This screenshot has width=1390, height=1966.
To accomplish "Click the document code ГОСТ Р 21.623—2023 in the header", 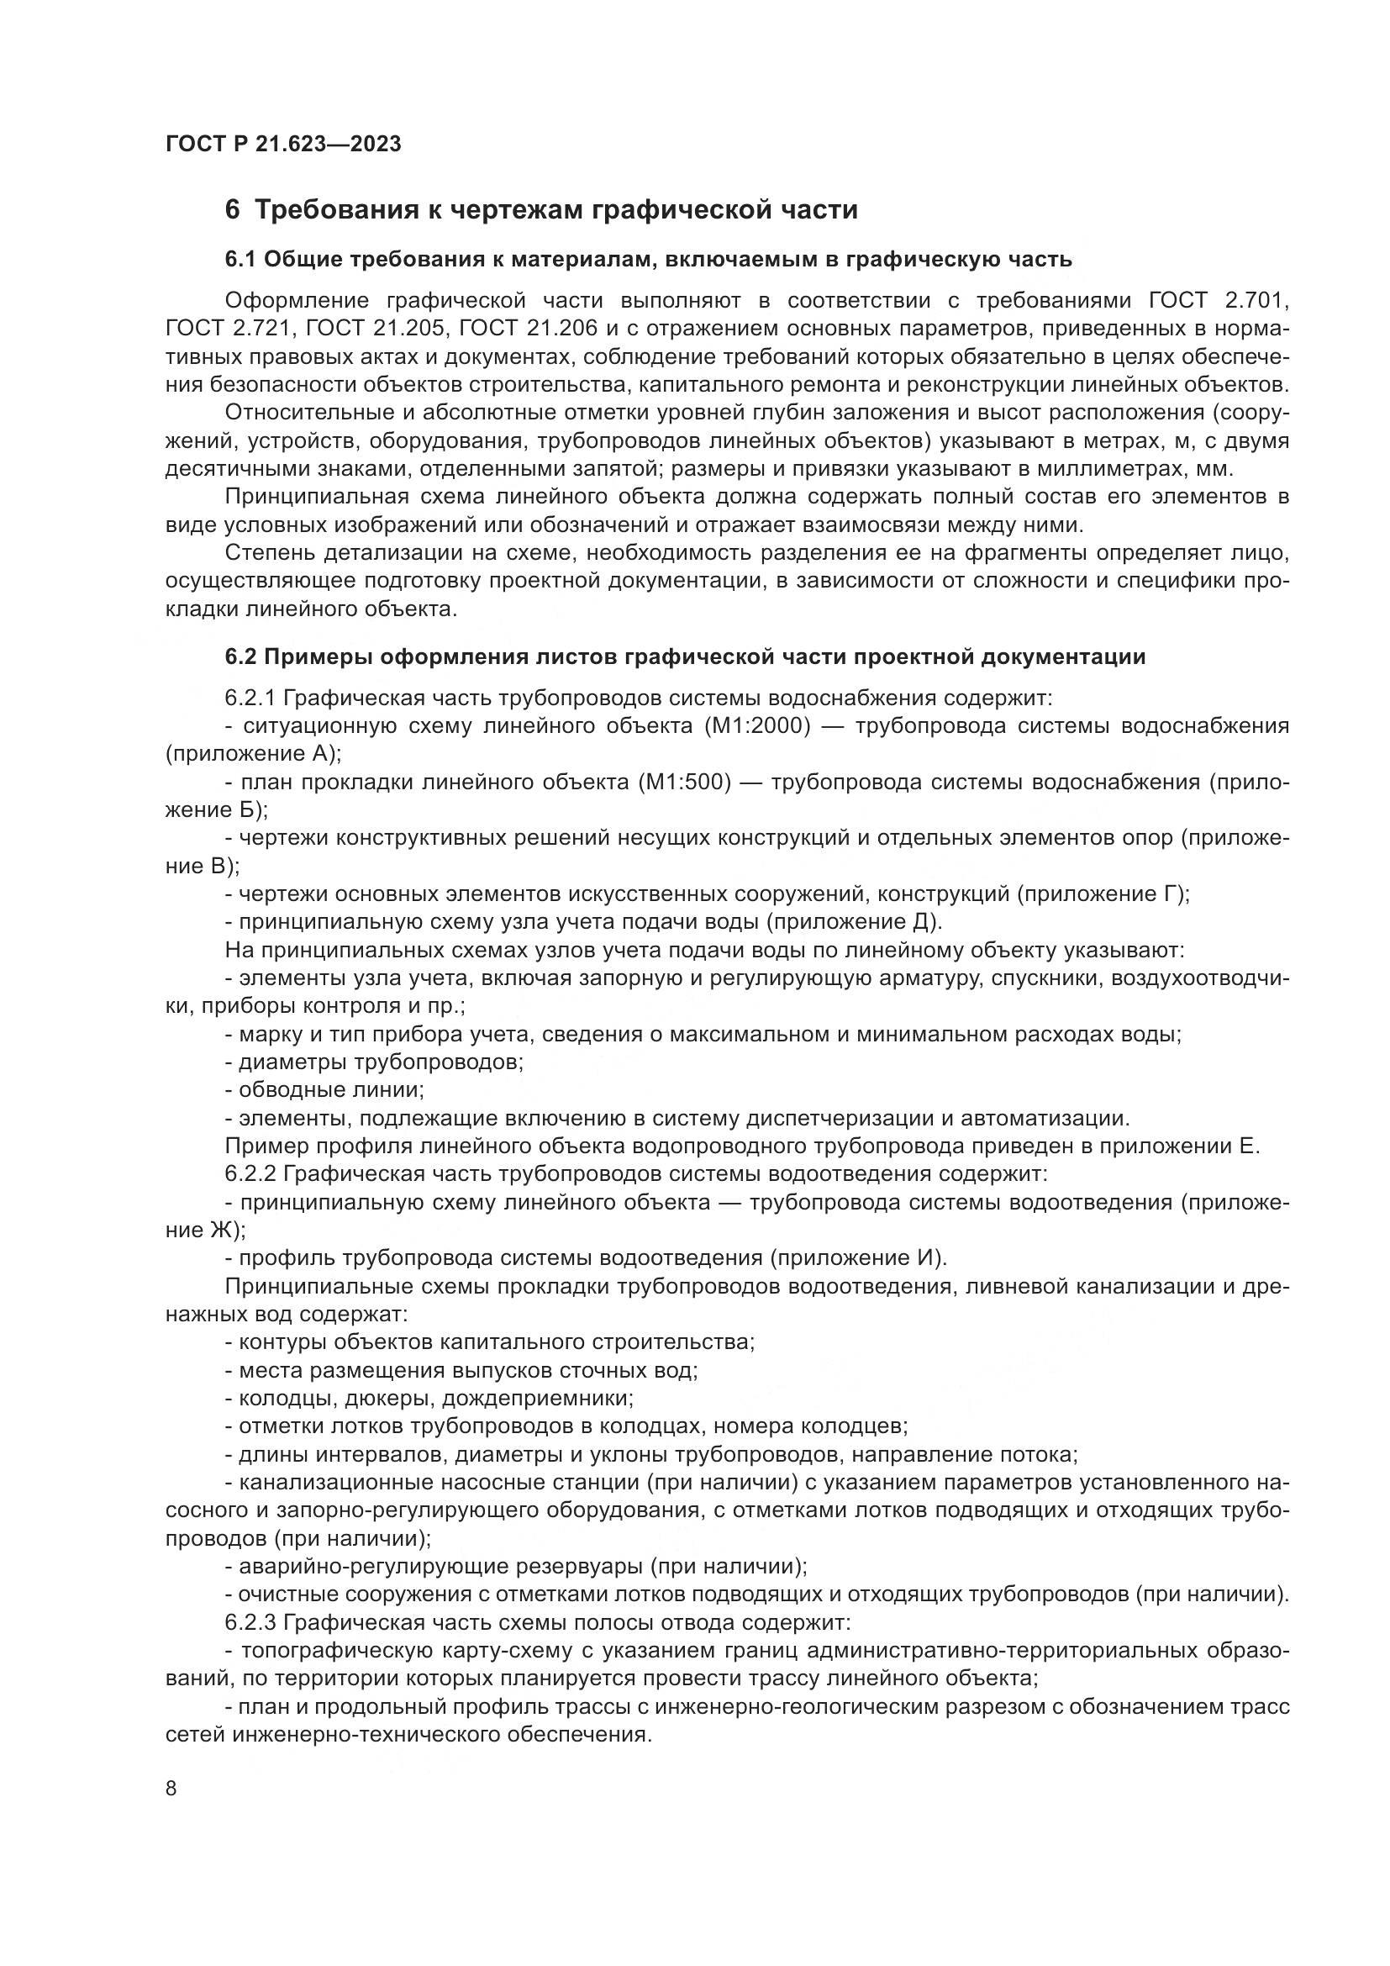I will [x=283, y=144].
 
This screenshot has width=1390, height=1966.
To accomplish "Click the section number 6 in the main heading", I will [x=232, y=210].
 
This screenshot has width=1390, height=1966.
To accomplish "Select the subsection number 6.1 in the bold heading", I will [x=240, y=260].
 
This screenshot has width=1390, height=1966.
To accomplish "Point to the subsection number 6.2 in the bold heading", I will [x=240, y=656].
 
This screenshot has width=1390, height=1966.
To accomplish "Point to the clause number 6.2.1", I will [x=250, y=698].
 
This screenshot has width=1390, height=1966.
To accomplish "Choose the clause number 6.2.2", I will [x=250, y=1173].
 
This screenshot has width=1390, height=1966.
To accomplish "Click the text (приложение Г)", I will [x=1103, y=894].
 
